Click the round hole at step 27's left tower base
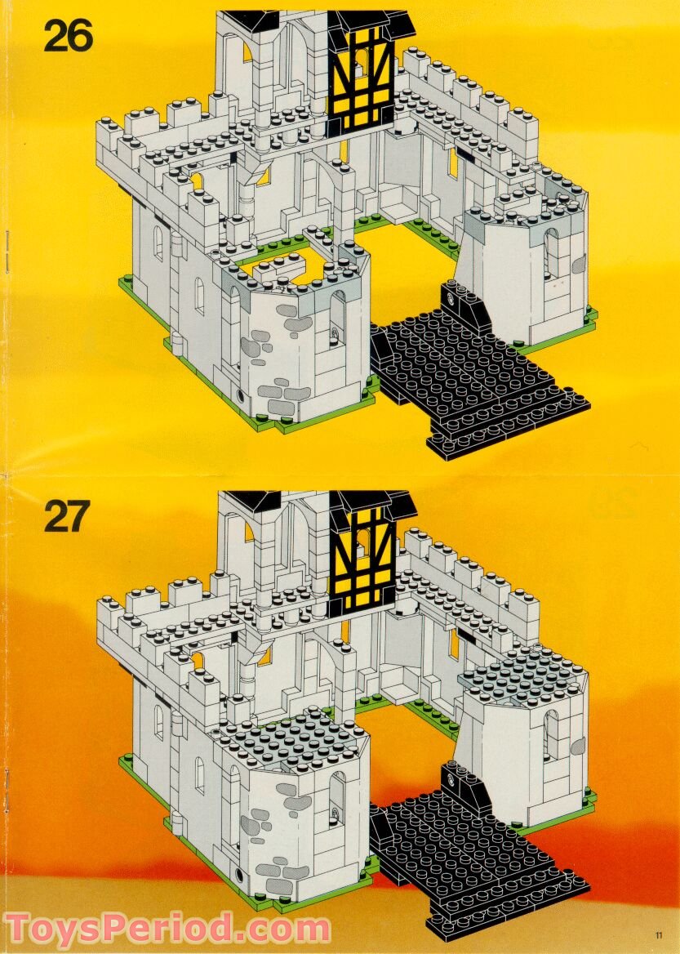(x=240, y=873)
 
